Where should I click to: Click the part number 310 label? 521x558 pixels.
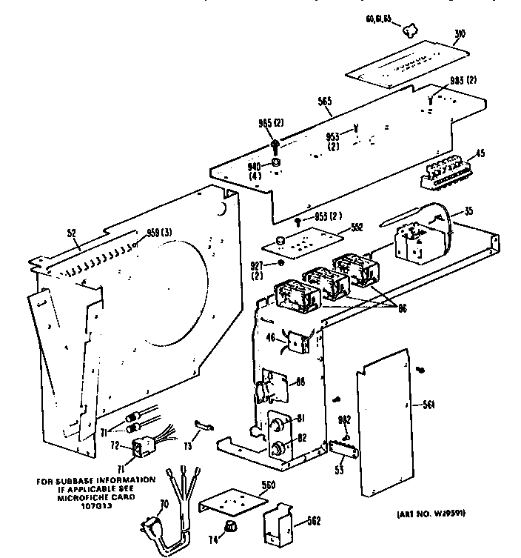coord(460,33)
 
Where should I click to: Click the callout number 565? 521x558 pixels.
coord(323,102)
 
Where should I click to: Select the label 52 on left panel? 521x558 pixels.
coord(72,233)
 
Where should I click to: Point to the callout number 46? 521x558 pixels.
coord(270,338)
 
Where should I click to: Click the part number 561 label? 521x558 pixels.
coord(428,405)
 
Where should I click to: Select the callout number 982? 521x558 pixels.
coord(344,419)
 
